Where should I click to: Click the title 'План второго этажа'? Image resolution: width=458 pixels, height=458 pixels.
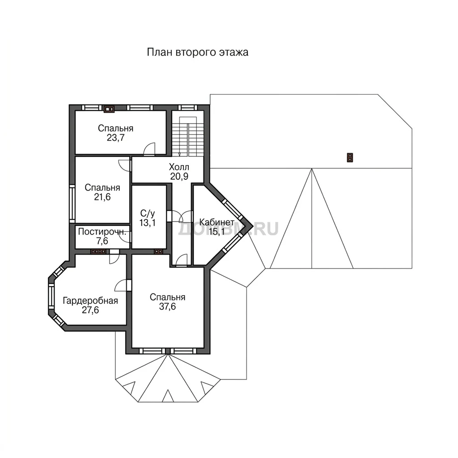(197, 53)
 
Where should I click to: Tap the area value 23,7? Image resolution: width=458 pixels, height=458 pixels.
(116, 138)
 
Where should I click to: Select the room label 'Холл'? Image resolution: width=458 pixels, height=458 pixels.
(179, 167)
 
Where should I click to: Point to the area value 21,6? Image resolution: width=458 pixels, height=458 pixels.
(102, 197)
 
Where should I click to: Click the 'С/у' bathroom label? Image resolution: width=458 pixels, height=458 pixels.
(148, 213)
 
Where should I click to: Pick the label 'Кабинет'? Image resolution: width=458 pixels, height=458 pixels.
(217, 222)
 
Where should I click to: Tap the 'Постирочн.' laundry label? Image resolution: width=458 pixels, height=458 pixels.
(102, 232)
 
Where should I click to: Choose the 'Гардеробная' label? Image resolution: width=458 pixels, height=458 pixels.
(90, 301)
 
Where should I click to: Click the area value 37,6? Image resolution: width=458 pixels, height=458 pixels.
(167, 306)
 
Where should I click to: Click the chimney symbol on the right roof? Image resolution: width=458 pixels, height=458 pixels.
(350, 157)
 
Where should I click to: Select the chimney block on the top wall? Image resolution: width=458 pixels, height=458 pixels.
(109, 109)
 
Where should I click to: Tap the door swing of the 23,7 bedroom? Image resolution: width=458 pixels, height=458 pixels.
(149, 148)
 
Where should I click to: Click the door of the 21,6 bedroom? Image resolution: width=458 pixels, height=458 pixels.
(124, 165)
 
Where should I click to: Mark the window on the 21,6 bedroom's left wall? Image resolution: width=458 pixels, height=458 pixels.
(72, 204)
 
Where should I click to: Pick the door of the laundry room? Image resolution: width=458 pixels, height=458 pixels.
(125, 237)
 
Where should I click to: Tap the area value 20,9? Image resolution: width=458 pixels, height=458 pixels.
(179, 176)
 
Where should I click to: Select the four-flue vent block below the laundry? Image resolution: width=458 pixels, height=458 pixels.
(98, 251)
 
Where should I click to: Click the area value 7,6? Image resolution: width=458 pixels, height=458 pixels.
(102, 241)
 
